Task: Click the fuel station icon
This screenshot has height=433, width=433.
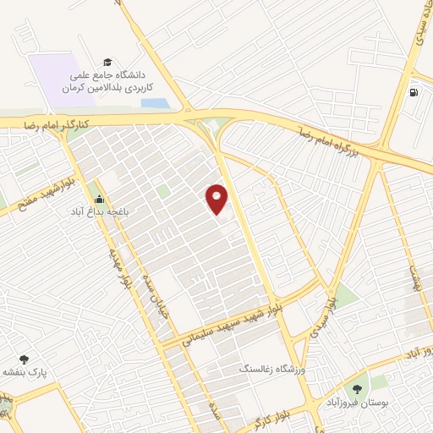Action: pyautogui.click(x=413, y=92)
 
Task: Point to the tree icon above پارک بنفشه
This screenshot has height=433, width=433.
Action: pyautogui.click(x=24, y=359)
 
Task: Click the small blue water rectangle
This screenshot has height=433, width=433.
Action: pyautogui.click(x=156, y=103)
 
